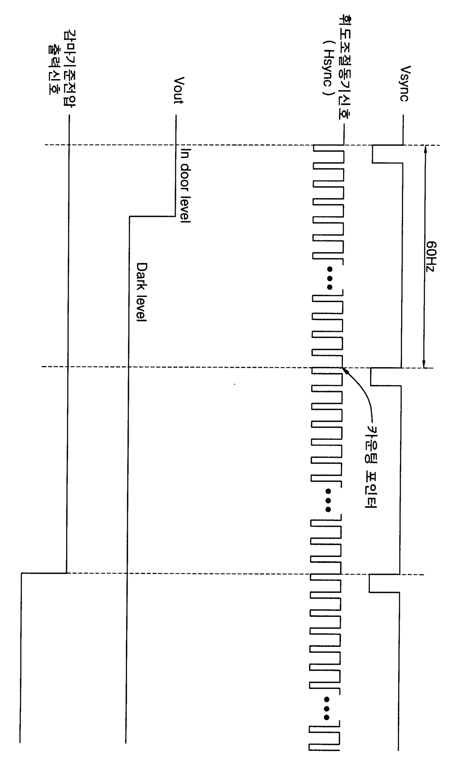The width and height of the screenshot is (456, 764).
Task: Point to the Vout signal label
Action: coord(178,90)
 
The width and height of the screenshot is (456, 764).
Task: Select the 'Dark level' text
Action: coord(141,292)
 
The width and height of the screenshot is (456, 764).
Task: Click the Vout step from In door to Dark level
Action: coord(152,216)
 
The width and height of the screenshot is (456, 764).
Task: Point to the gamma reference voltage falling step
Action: coord(44,573)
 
